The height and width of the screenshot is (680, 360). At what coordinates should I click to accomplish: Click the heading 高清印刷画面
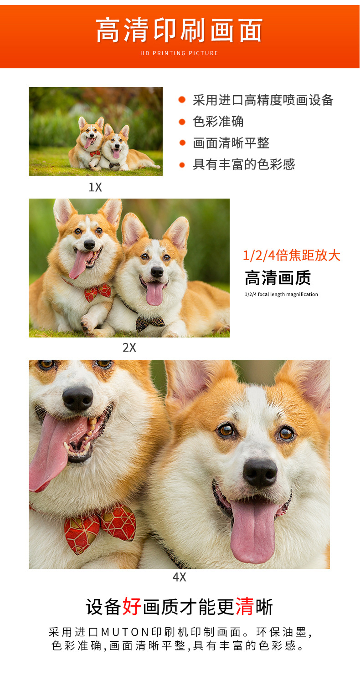click(180, 31)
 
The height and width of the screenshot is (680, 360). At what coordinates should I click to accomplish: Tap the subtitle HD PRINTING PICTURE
click(180, 53)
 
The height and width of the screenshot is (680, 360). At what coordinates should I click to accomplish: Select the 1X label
click(95, 187)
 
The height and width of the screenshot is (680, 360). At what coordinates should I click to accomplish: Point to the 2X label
click(129, 348)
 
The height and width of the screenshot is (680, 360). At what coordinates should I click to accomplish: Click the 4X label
click(179, 577)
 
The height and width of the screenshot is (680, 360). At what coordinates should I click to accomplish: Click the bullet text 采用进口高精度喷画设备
click(263, 100)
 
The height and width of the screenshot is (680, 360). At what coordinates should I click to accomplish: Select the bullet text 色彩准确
click(218, 122)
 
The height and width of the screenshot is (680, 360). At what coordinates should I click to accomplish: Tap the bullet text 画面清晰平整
click(231, 143)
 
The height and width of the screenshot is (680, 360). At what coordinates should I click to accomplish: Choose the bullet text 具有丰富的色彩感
click(244, 164)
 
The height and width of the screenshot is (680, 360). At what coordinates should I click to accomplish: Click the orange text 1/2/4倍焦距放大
click(292, 256)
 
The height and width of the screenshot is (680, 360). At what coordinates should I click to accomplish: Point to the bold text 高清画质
click(278, 277)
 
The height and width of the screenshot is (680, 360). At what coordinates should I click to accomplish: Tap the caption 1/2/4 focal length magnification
click(281, 294)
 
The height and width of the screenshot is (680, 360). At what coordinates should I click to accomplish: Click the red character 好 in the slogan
click(132, 607)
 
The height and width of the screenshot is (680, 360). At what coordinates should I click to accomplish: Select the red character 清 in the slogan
click(245, 607)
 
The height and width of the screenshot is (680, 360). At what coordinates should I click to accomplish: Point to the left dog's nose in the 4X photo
click(78, 399)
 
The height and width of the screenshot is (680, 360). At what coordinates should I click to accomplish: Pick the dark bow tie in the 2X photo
click(150, 323)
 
